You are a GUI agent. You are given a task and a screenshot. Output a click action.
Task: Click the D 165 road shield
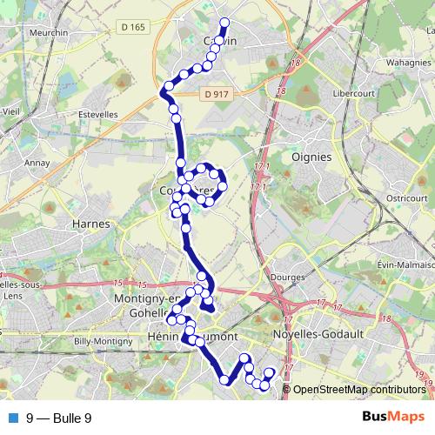[133, 28]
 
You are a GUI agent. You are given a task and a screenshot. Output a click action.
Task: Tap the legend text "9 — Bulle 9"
[59, 418]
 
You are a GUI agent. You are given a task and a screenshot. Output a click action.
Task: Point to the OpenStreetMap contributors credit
[359, 389]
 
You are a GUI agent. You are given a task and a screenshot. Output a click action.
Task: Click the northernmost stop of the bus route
[224, 23]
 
